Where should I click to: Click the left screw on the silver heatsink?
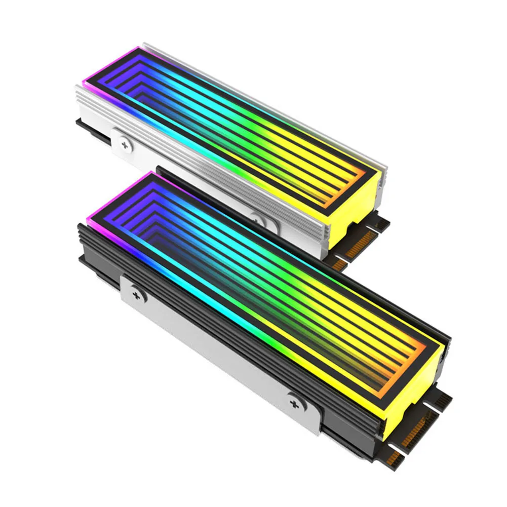(x=125, y=146)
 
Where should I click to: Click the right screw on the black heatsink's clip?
(x=294, y=404)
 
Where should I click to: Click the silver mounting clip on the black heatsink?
(x=213, y=349)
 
